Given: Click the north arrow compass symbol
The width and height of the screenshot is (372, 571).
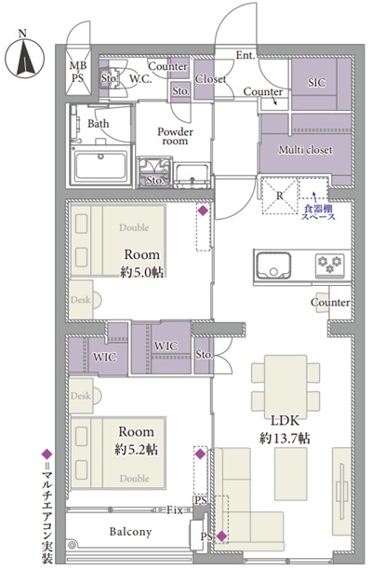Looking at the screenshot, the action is tap(24, 59).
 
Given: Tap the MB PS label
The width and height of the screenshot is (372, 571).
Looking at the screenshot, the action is tap(78, 72).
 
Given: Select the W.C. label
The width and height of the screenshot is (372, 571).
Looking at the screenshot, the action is tap(140, 78).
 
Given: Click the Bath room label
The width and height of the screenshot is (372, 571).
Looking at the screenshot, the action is tap(98, 124).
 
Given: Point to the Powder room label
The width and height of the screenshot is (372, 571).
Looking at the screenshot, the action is tap(175, 137).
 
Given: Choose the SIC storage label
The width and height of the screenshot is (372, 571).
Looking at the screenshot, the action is tap(317, 83).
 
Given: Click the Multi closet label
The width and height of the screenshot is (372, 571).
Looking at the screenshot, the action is tap(305, 150).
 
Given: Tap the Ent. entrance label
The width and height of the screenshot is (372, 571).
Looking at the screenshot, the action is tap(246, 55).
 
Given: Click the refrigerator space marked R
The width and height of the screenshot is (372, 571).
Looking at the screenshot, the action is tap(280, 196).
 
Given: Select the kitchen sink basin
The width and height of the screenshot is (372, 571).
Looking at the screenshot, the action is tap(273, 265).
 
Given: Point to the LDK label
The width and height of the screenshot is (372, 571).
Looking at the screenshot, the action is tap(285, 421).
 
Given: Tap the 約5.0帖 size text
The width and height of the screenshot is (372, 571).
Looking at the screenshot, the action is tap(141, 272).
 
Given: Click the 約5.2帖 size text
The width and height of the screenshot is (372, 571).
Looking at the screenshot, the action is tap(136, 449).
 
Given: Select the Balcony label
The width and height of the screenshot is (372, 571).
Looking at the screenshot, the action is tap(130, 532).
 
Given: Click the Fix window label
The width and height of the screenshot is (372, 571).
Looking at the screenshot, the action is tap(175, 510).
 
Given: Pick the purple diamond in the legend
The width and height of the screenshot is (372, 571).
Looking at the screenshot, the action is tap(47, 455).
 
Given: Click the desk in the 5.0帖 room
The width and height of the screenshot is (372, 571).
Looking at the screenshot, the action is tap(82, 300).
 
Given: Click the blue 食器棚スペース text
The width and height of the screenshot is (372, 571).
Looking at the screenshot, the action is tap(318, 213).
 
